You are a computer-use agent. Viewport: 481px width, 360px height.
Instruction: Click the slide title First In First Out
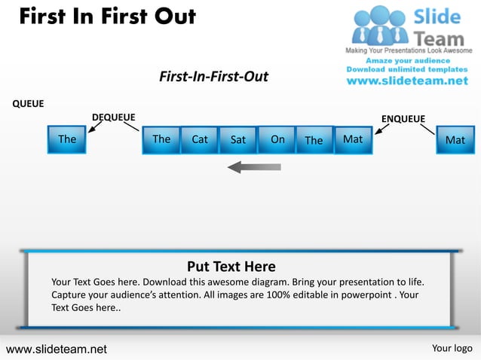(x=107, y=17)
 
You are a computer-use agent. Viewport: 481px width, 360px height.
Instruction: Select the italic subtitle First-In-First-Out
(x=213, y=77)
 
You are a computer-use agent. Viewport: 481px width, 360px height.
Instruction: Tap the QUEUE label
(x=28, y=104)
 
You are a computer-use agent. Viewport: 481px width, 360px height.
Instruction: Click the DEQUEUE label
(x=113, y=117)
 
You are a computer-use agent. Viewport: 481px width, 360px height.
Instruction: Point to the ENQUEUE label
(x=403, y=119)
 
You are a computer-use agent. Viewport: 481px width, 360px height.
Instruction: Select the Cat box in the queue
(x=200, y=139)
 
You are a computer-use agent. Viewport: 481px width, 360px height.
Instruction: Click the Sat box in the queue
(x=238, y=139)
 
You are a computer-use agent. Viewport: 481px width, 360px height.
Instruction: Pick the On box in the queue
(x=277, y=139)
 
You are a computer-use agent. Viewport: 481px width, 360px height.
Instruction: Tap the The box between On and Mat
(x=314, y=139)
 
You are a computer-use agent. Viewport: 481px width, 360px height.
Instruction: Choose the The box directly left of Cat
(x=161, y=139)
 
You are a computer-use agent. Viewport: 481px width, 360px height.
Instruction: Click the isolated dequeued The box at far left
(x=67, y=139)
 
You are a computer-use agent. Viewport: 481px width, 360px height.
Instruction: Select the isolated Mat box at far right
(x=455, y=140)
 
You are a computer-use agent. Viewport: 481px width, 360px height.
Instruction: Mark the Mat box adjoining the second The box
(x=353, y=139)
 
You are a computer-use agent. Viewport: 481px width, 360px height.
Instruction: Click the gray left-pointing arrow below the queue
(x=254, y=166)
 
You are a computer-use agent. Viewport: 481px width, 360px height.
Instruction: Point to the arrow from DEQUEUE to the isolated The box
(x=95, y=127)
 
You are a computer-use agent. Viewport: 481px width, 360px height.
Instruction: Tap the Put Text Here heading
(x=231, y=267)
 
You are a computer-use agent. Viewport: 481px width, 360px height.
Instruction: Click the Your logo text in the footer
(x=452, y=348)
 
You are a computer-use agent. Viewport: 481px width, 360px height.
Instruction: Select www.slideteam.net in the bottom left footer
(x=57, y=349)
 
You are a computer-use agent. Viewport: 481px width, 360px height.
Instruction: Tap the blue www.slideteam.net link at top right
(x=407, y=81)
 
